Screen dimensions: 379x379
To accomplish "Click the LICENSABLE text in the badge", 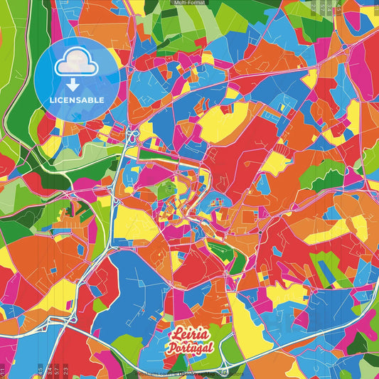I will click(x=77, y=98).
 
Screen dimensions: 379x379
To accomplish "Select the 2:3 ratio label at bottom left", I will click(x=66, y=370).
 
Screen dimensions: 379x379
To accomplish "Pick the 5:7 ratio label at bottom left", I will click(x=57, y=370).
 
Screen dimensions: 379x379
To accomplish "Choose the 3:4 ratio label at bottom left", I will click(x=48, y=370).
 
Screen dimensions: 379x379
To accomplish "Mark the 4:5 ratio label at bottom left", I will click(x=40, y=370).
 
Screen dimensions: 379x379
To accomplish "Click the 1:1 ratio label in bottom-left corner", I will click(x=3, y=370).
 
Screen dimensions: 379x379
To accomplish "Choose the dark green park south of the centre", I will click(x=218, y=249).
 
